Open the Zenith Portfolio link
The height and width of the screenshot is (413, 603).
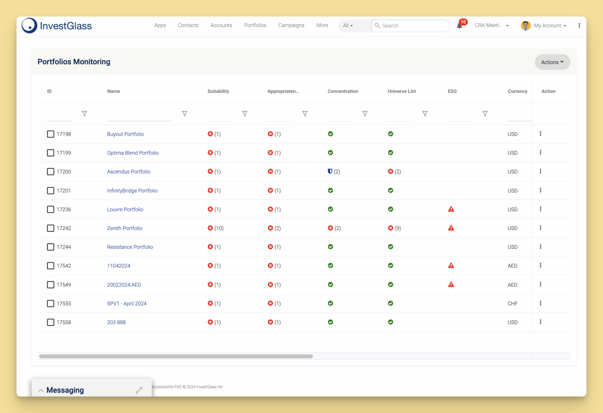pos(125,228)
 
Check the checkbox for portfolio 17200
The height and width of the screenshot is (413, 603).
pos(51,172)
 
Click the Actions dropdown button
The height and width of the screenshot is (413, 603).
pos(552,62)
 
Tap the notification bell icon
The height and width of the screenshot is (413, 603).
pos(459,26)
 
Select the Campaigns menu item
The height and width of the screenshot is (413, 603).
pos(291,25)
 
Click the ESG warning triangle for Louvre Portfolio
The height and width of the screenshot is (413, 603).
pos(451,209)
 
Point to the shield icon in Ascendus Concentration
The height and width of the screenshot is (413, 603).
pos(330,171)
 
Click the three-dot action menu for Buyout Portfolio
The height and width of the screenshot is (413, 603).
pos(540,134)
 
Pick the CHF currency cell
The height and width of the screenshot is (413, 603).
pos(512,303)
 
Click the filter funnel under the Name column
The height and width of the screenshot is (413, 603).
pos(185,114)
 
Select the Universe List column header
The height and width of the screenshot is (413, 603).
pos(402,91)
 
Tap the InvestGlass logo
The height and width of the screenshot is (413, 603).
pos(57,26)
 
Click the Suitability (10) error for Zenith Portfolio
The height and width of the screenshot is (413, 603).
pos(216,228)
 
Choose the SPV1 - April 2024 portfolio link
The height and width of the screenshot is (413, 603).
pos(127,303)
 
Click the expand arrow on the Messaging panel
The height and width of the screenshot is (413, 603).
pos(139,390)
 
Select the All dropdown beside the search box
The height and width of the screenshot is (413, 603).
pos(348,26)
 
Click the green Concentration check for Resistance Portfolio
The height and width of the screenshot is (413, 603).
pos(330,247)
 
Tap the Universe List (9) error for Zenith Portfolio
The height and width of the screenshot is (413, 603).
pos(394,228)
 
